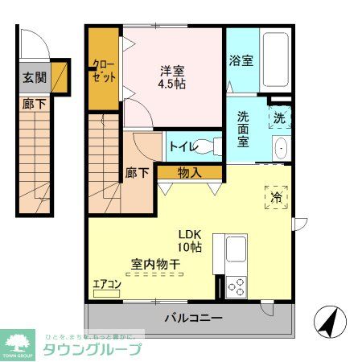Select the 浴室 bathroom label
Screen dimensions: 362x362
tap(240, 60)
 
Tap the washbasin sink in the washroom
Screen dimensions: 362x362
tap(281, 148)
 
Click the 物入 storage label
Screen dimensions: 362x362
tap(189, 172)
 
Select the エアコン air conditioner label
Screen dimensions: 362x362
tap(106, 284)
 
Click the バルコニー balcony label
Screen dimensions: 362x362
tap(193, 319)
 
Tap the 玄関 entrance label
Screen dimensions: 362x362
tap(34, 79)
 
